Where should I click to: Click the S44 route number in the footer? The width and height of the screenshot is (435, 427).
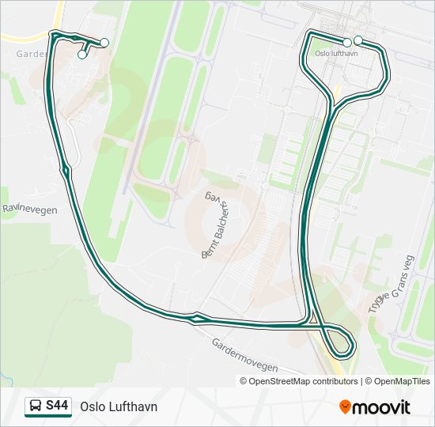coord(57,406)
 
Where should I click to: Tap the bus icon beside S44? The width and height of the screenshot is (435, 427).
coord(36,406)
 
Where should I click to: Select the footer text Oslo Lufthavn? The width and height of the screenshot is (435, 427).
coord(119,406)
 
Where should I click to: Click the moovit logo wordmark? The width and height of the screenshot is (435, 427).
coord(382,407)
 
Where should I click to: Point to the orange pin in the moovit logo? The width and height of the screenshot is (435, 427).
coord(345,407)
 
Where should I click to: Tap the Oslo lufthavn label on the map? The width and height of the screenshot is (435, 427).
coord(336,54)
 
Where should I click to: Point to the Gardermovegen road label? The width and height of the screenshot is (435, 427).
coord(244,356)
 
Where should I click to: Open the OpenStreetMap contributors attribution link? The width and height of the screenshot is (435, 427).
coord(303,381)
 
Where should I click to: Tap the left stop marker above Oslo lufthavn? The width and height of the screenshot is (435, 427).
coord(347,42)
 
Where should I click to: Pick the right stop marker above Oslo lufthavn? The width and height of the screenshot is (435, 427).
coord(358,40)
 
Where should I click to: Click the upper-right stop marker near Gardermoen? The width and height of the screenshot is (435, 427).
coord(104,43)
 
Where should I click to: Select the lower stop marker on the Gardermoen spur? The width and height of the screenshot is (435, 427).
coord(82,55)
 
